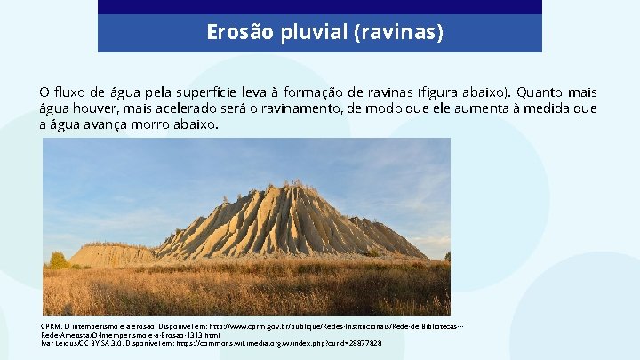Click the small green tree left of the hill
(58, 260)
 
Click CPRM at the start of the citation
(51, 326)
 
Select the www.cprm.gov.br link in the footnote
(261, 326)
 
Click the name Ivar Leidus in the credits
(61, 343)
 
